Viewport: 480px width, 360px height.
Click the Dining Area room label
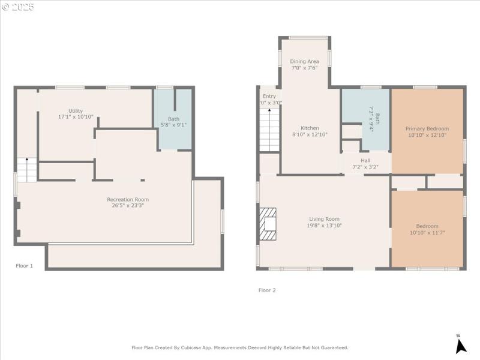pyautogui.click(x=304, y=61)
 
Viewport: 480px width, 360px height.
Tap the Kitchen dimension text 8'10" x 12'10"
pyautogui.click(x=310, y=134)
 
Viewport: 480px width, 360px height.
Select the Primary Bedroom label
pyautogui.click(x=427, y=128)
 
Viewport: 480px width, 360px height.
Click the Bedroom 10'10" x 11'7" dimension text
pyautogui.click(x=427, y=232)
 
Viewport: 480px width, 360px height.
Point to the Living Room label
pyautogui.click(x=324, y=219)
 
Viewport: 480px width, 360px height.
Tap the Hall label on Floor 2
pyautogui.click(x=365, y=160)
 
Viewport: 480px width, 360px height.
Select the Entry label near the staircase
pyautogui.click(x=269, y=96)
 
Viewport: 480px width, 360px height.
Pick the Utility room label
pyautogui.click(x=75, y=110)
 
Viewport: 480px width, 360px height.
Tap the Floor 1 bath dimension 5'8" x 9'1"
pyautogui.click(x=174, y=125)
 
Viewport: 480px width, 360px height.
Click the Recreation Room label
pyautogui.click(x=128, y=199)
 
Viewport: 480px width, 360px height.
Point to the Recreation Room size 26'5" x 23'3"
pyautogui.click(x=128, y=205)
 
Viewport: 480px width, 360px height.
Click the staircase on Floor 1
pyautogui.click(x=26, y=170)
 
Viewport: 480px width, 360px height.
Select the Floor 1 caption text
pyautogui.click(x=24, y=265)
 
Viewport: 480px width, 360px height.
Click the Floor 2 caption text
pyautogui.click(x=267, y=290)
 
